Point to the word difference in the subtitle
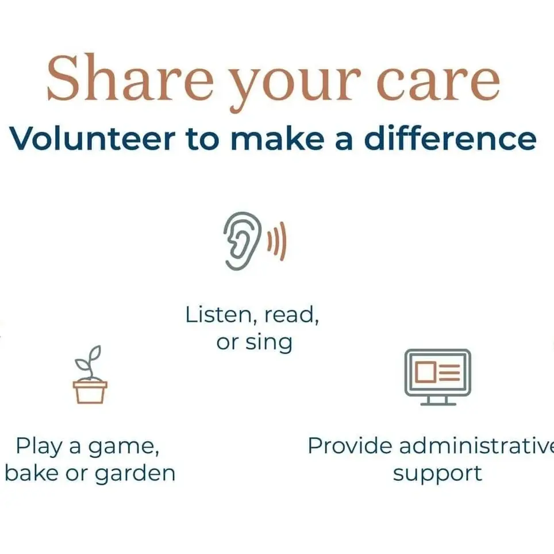coord(450,138)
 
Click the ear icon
coord(241,241)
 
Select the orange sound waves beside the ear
coord(278,241)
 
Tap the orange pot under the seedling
coord(90,391)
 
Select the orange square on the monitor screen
coord(426,372)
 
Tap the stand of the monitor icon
coord(438,400)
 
